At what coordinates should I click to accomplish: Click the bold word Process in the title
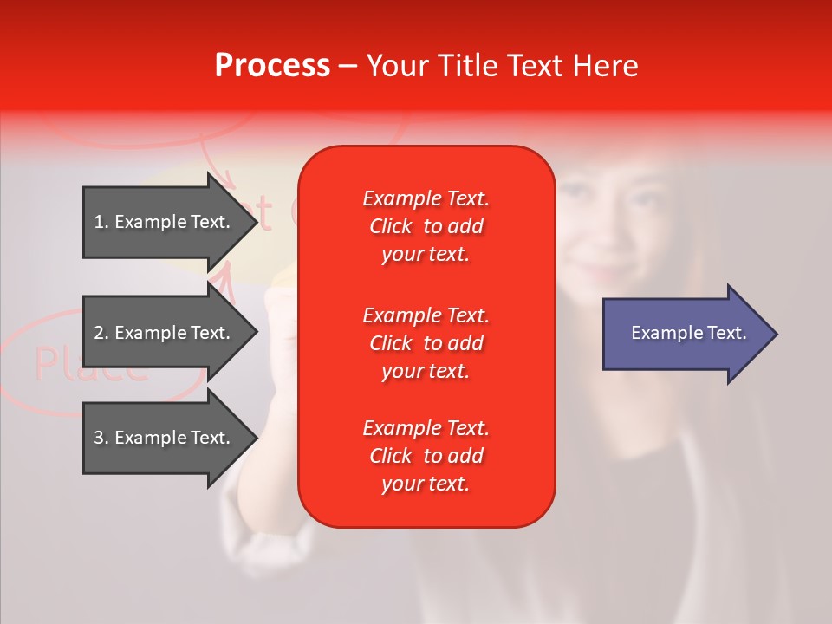click(x=272, y=66)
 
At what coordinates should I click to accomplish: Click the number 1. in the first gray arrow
click(x=101, y=222)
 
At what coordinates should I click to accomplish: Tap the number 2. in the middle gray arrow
click(x=101, y=333)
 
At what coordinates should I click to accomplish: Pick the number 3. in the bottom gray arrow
click(x=101, y=438)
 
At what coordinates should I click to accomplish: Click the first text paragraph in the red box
click(x=426, y=226)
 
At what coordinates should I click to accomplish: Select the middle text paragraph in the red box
click(x=426, y=343)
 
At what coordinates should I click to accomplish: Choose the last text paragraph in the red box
click(x=426, y=456)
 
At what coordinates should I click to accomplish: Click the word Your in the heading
click(x=396, y=66)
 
